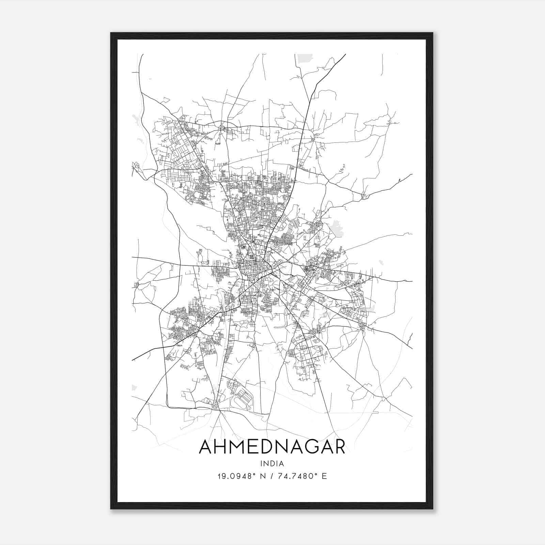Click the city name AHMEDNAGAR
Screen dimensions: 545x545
click(272, 447)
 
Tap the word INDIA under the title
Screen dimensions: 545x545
click(272, 463)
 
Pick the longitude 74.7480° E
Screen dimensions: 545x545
click(302, 476)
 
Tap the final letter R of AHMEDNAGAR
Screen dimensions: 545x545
click(339, 447)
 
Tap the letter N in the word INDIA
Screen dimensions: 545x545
click(266, 463)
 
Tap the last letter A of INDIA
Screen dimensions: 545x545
click(282, 463)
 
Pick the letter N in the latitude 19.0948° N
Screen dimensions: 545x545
click(263, 476)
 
